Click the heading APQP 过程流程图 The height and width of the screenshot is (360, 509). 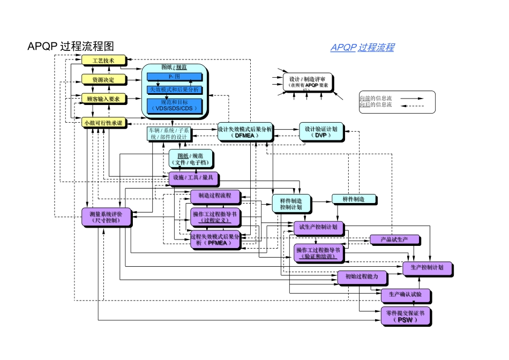[x=70, y=47]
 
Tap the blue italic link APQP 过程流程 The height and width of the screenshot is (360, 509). [x=362, y=48]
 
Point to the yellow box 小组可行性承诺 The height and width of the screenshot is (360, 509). [x=103, y=123]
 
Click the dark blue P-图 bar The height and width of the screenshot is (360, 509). [x=174, y=77]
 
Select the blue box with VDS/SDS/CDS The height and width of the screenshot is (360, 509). [x=174, y=105]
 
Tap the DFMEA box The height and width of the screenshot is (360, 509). [x=245, y=132]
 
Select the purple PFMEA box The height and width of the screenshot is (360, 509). [x=215, y=239]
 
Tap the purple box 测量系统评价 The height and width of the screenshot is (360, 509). [x=105, y=216]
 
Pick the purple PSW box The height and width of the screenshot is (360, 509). [x=405, y=316]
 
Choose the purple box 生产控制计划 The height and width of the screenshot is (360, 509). [x=426, y=267]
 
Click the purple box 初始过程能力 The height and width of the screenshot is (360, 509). [x=361, y=277]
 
